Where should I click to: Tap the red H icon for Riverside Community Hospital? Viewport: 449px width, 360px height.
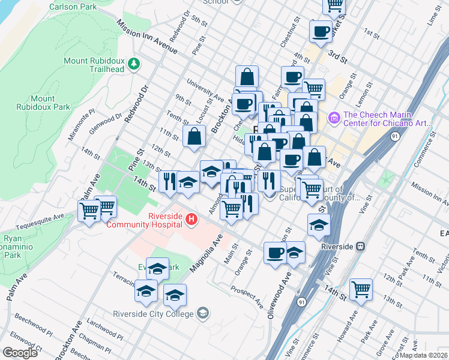(x=191, y=220)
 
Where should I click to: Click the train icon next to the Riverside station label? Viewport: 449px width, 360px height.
(x=361, y=245)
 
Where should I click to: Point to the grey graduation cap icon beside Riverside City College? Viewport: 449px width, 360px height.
(x=203, y=313)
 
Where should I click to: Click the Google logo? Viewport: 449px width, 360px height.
(x=20, y=353)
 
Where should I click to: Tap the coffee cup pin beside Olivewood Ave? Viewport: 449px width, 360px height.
(x=276, y=253)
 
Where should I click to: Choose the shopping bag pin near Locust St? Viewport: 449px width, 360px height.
(x=195, y=136)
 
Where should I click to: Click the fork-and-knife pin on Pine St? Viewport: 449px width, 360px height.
(x=169, y=180)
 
